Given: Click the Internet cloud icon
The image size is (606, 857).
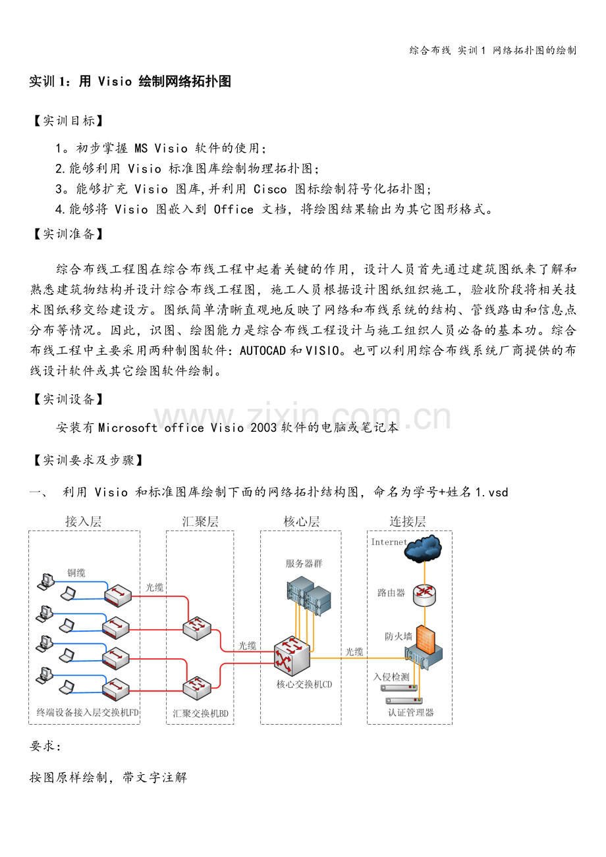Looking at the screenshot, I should [x=423, y=548].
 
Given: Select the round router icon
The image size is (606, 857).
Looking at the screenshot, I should [x=424, y=594].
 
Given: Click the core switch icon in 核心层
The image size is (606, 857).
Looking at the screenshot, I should [x=292, y=655].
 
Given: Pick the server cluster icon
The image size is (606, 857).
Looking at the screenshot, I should [x=308, y=595].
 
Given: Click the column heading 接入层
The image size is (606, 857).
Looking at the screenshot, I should [x=84, y=521].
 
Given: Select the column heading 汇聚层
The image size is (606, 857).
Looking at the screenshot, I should [x=200, y=521].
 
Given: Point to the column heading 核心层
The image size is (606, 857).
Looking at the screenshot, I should [x=301, y=521].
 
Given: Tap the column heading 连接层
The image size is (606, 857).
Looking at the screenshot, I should [x=408, y=521].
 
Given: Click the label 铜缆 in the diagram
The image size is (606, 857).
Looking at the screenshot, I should [x=76, y=573].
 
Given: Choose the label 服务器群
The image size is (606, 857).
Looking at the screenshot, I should [x=304, y=563].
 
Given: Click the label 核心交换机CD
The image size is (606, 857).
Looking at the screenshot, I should [x=304, y=684].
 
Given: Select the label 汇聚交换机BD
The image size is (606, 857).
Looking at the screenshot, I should [x=200, y=713].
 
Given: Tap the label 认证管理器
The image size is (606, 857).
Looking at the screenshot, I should [x=411, y=712].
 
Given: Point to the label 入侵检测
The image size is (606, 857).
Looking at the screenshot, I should [x=391, y=677].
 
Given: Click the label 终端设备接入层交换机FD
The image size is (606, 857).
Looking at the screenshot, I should [x=88, y=712].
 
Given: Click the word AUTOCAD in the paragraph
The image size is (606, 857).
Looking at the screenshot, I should [x=263, y=350].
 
